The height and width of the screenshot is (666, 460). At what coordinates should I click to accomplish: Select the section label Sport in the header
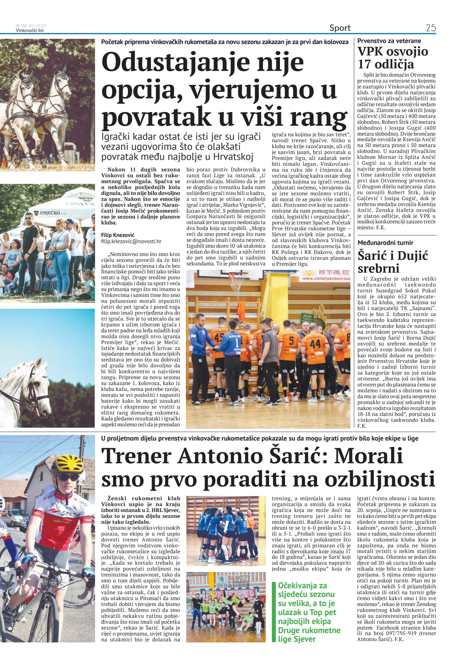coord(340,28)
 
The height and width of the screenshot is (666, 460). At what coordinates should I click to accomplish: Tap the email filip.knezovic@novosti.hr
coord(131,241)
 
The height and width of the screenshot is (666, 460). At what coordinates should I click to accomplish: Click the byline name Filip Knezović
coord(118,235)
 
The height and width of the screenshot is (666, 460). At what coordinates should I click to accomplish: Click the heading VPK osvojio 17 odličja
coord(393,58)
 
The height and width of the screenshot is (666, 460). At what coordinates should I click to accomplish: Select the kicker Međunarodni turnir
coord(385,243)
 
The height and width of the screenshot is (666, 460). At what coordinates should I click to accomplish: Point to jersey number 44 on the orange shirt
coord(315,343)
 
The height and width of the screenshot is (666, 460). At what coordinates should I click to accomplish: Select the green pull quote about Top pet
coord(309,612)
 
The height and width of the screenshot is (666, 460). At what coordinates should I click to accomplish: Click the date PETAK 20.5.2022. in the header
coord(31,26)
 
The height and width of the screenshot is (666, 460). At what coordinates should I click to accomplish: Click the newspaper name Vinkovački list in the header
coord(30,30)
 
